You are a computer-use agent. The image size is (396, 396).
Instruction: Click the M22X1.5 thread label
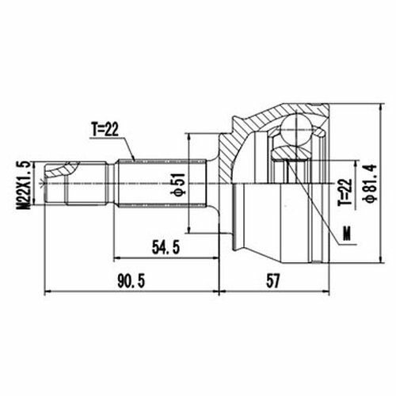tap(23, 185)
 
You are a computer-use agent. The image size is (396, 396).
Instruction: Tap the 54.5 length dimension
tap(166, 248)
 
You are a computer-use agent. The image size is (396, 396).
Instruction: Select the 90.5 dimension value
tap(131, 281)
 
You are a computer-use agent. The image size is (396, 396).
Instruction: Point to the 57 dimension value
tap(272, 281)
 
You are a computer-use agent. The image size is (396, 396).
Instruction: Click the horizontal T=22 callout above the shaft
tap(105, 129)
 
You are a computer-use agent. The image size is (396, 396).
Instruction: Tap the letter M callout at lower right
tap(347, 234)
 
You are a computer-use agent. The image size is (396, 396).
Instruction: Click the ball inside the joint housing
tap(296, 129)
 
